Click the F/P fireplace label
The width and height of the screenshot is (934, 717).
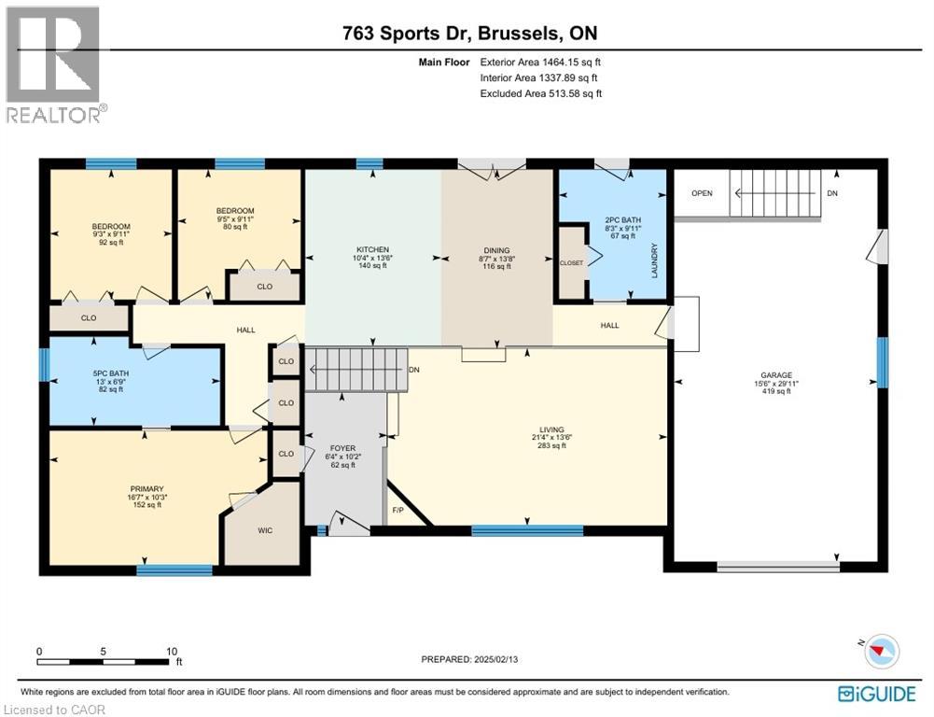coord(398,511)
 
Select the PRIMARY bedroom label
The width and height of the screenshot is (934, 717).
coord(147,488)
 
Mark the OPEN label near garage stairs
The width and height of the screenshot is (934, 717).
coord(702,193)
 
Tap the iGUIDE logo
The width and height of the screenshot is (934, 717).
coord(871,693)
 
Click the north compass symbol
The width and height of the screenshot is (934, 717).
coord(881,650)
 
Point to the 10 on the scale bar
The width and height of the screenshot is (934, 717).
coord(171,651)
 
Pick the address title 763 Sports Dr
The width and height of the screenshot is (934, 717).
coord(409,33)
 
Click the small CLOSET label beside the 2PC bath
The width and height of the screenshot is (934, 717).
coord(571,263)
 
